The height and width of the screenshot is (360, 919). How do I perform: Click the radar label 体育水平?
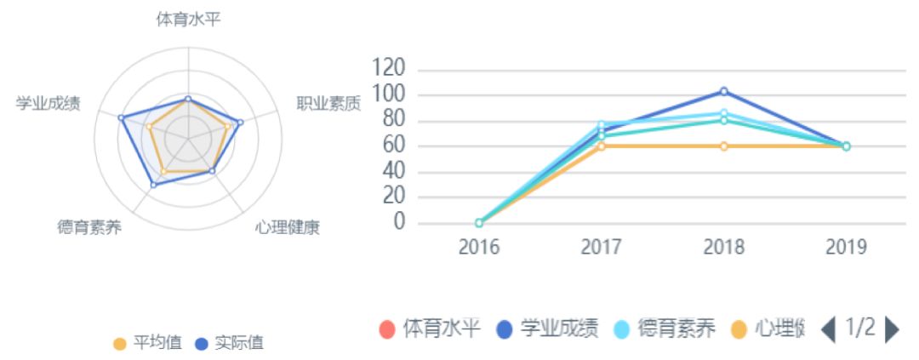188,19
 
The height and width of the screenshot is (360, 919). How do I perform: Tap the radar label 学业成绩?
49,104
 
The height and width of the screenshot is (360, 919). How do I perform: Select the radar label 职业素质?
328,104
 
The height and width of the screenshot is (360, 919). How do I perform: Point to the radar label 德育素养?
90,227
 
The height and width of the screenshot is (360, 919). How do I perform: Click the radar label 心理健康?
288,227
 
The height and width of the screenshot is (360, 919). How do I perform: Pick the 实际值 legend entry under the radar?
230,343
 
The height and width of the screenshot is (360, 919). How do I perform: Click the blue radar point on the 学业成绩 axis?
121,117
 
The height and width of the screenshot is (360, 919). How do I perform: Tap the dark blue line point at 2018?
724,91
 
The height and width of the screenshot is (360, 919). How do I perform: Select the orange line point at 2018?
724,146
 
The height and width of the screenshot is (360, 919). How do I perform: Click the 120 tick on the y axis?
388,68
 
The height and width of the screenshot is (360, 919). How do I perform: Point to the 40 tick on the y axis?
393,171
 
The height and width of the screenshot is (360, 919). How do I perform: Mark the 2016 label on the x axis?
479,248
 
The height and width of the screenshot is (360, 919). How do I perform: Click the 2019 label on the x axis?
846,248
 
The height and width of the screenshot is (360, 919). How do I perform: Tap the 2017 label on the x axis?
602,248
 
